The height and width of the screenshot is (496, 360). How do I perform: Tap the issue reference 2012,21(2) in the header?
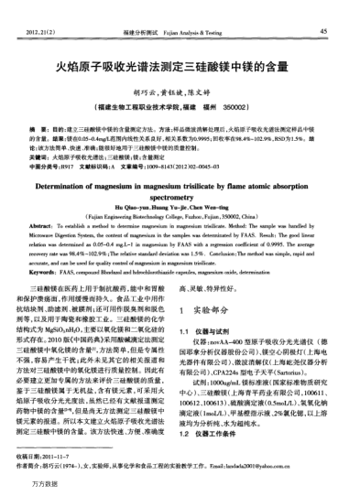tap(43, 32)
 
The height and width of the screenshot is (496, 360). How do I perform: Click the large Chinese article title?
tap(180, 67)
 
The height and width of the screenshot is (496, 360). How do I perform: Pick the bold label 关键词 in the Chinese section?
tap(41, 157)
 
